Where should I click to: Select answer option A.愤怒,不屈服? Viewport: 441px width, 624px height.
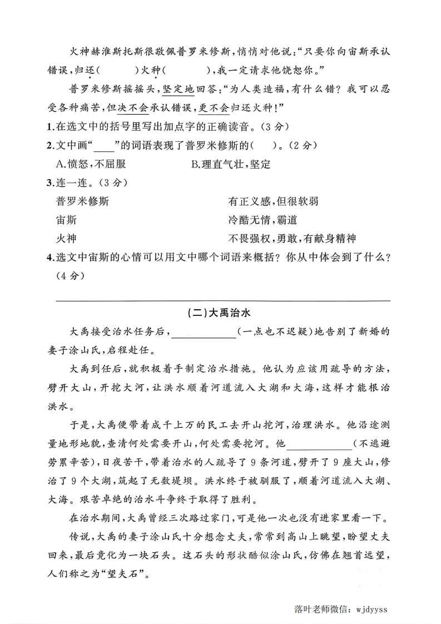[x=91, y=164]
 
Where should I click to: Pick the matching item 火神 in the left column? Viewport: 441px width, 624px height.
[x=66, y=239]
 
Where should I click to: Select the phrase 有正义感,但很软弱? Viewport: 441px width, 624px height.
[x=273, y=201]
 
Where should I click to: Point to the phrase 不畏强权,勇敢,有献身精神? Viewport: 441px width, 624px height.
[x=291, y=239]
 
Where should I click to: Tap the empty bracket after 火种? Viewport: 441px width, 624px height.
[x=187, y=70]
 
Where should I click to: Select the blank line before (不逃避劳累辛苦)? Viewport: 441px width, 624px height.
[x=319, y=444]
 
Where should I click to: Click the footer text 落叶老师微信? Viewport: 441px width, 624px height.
[x=319, y=609]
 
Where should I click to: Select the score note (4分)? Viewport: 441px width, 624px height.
[x=69, y=276]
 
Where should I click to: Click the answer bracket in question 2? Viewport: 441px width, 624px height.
[x=261, y=145]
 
